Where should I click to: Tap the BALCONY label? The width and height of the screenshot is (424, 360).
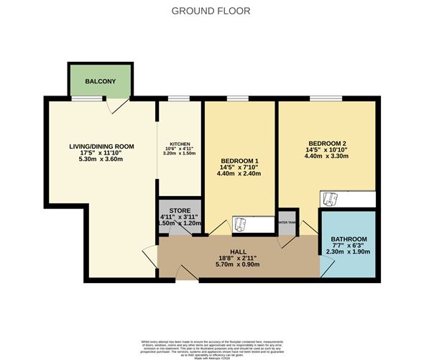click(x=100, y=81)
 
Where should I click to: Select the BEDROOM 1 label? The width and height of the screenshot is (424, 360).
click(x=239, y=160)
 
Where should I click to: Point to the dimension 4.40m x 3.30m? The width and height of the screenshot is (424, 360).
click(x=326, y=155)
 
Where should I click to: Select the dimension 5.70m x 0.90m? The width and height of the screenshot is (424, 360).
click(x=237, y=264)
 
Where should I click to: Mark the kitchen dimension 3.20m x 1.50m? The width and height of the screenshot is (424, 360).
click(x=179, y=153)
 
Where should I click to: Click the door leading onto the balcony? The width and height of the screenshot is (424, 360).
click(x=119, y=105)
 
